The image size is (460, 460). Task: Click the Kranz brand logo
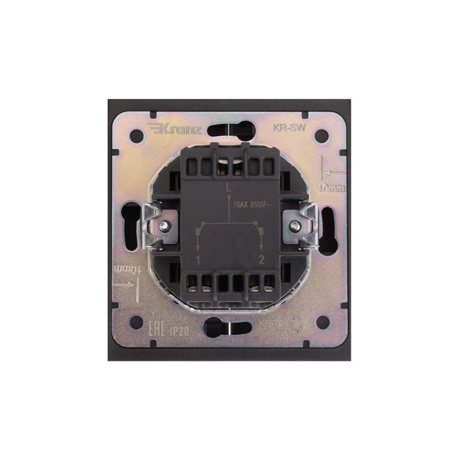point(175,129)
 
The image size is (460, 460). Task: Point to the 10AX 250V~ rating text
point(254,204)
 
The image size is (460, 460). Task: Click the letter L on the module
point(229,187)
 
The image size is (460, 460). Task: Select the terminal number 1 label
point(198,260)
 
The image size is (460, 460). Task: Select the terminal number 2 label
point(262,260)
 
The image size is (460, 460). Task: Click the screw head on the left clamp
point(165,226)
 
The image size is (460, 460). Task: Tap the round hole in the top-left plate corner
point(137,136)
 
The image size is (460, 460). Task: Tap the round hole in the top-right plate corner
point(322,136)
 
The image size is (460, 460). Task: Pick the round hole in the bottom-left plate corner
point(137,322)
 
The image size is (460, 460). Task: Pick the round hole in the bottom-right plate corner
point(323,322)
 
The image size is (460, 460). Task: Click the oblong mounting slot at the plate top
point(230,129)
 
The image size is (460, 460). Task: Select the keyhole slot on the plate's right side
point(328,230)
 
